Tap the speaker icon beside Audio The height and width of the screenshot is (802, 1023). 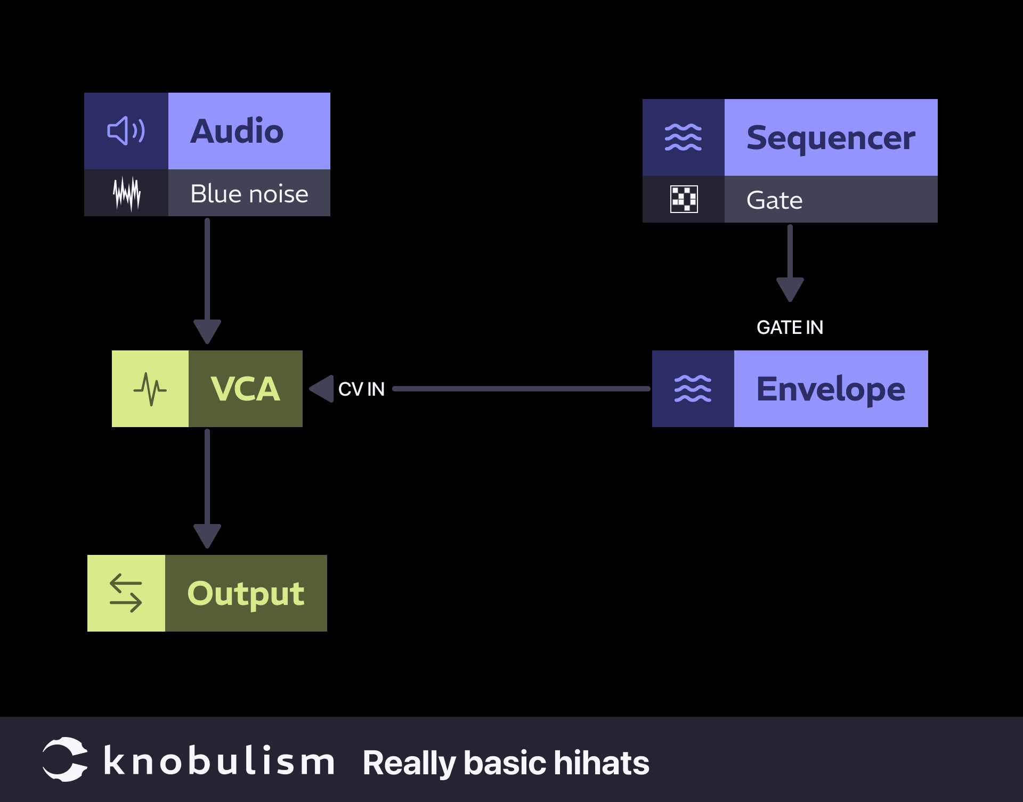pos(126,131)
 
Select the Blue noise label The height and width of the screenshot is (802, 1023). pos(249,193)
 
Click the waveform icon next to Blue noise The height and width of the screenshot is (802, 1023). pos(127,193)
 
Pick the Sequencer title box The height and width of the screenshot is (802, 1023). pos(830,137)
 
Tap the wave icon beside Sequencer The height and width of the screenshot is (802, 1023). pos(683,137)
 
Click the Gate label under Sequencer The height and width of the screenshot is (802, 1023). pos(774,200)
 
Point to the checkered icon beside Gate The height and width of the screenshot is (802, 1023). pos(684,200)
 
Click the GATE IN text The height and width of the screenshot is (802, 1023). pos(790,327)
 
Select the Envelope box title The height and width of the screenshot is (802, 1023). pos(830,389)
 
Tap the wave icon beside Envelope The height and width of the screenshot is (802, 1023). pos(693,389)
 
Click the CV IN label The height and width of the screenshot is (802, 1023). pos(361,389)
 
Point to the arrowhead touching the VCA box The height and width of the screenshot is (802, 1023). pos(322,389)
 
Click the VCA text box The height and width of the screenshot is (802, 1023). pos(245,389)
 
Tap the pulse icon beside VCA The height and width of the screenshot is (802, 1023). pos(150,389)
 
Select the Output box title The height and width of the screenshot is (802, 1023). pos(246,593)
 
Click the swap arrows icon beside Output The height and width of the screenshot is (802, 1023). pos(126,593)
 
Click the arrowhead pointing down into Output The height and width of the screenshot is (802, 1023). pos(207,535)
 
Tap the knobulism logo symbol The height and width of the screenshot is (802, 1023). pos(65,759)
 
